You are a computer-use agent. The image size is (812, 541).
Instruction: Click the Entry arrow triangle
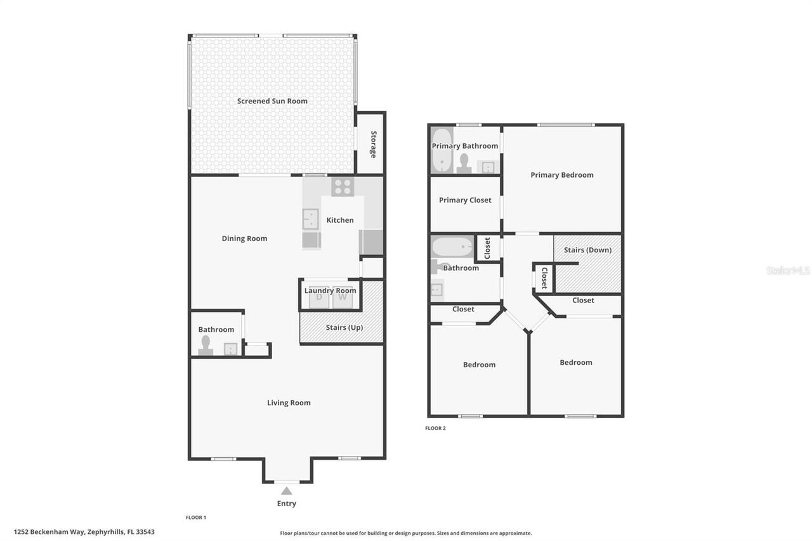tap(287, 490)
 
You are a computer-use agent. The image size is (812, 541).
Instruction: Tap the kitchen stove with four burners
tap(343, 186)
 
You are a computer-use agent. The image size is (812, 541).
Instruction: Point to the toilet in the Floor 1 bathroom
tap(205, 344)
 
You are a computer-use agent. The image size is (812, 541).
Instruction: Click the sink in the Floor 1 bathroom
tap(231, 349)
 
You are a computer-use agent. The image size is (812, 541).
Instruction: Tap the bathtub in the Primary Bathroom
tap(441, 151)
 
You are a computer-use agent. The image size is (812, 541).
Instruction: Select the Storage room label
tap(374, 145)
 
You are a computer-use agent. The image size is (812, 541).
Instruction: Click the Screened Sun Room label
tap(272, 101)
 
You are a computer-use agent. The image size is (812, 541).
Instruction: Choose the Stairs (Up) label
tap(344, 327)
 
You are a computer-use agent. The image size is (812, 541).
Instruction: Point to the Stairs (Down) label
tap(587, 250)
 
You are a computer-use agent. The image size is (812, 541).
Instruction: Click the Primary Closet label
tap(465, 200)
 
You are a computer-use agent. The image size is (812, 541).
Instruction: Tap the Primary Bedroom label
tap(562, 175)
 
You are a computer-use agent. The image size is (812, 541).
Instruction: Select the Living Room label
tap(289, 403)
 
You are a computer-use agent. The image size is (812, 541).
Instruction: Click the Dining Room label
tap(244, 238)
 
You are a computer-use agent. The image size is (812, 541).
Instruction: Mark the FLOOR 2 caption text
tap(435, 428)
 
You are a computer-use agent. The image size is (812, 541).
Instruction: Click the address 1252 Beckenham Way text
tap(84, 532)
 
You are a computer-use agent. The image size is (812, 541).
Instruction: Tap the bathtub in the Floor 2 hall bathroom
tap(452, 246)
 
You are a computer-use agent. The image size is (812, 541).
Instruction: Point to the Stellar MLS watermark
tap(788, 270)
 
